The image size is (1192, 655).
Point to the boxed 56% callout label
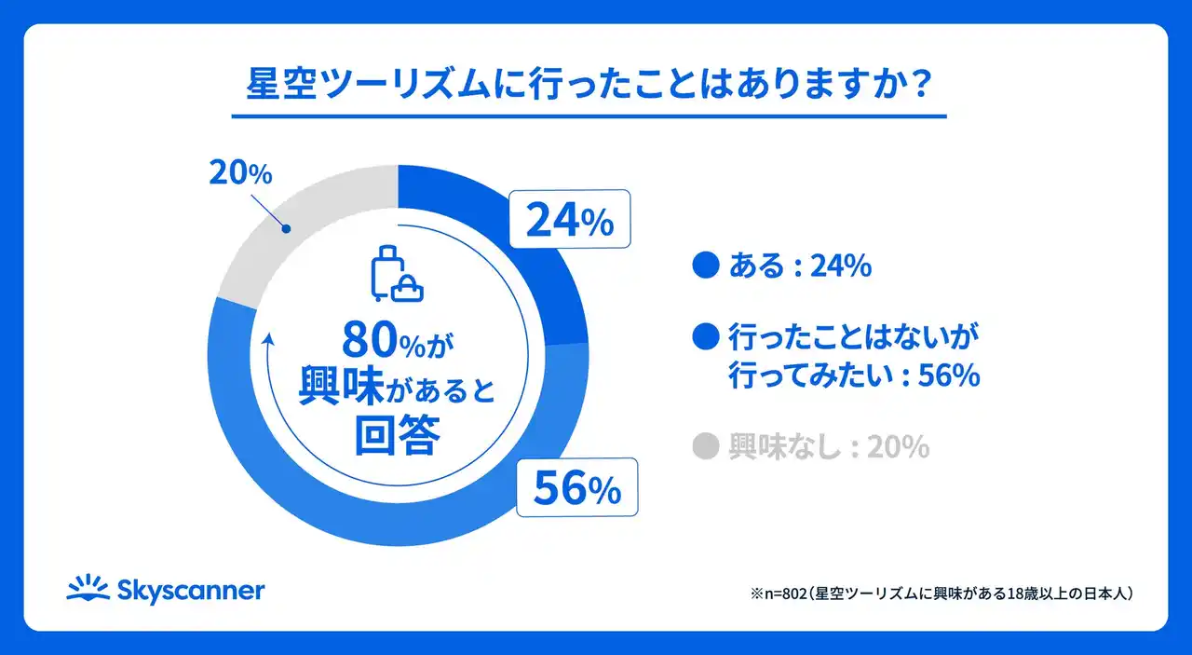tap(576, 487)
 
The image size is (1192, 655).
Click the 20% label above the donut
tap(240, 173)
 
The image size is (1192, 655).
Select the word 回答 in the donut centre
tap(396, 437)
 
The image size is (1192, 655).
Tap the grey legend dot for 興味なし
tap(708, 448)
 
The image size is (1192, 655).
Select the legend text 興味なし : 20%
tap(828, 448)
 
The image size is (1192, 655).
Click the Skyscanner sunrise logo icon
tap(88, 589)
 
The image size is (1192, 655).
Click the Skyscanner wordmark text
tap(191, 591)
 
